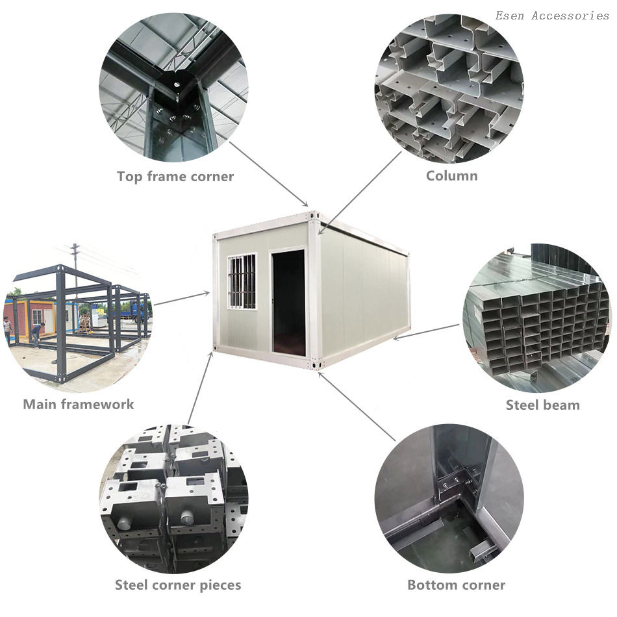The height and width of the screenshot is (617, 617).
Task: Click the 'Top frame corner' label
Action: [x=175, y=176]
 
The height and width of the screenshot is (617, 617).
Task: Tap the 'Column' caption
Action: [x=452, y=175]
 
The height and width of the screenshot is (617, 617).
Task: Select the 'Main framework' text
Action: [x=79, y=404]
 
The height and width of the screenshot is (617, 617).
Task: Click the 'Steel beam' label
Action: [x=542, y=405]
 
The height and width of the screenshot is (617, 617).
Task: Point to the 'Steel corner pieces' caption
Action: [x=178, y=585]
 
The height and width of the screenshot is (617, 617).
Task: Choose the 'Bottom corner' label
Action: [x=456, y=585]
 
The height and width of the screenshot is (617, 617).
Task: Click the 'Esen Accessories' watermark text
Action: [x=552, y=16]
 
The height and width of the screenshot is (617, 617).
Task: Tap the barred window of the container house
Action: [x=242, y=281]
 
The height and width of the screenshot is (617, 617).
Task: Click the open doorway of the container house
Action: [x=288, y=303]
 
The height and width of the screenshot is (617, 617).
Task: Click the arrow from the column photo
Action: [x=360, y=193]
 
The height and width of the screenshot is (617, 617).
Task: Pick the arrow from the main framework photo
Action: [x=181, y=299]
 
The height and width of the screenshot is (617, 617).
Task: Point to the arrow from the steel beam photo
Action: [x=426, y=331]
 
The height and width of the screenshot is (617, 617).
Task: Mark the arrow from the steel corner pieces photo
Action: [x=201, y=388]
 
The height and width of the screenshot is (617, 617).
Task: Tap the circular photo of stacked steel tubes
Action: [x=537, y=318]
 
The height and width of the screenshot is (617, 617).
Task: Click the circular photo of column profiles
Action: [x=449, y=88]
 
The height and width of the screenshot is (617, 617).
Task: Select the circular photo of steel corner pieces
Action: [x=173, y=499]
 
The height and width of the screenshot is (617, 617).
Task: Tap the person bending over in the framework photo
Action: [x=38, y=335]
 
